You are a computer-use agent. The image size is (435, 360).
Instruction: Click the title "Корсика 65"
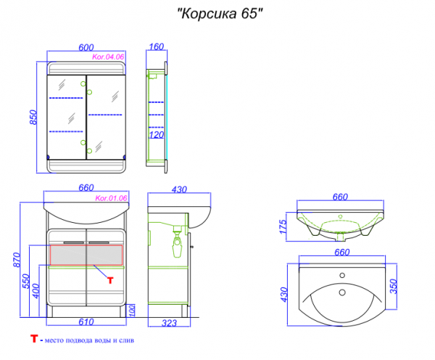tap(220, 14)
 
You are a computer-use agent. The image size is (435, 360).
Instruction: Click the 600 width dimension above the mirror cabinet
tap(86, 47)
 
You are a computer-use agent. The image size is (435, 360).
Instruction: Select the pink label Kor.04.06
tap(108, 57)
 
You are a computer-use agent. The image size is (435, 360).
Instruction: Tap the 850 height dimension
tap(33, 118)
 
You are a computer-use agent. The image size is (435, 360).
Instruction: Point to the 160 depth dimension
tap(156, 46)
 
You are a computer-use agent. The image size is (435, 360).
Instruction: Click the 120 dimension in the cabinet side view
tap(157, 135)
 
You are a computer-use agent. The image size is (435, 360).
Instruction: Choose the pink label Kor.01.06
tap(111, 198)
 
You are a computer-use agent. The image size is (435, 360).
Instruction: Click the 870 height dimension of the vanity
tap(17, 260)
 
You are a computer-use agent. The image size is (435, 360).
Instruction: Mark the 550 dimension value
tap(25, 281)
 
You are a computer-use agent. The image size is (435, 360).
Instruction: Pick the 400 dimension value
tap(36, 291)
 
